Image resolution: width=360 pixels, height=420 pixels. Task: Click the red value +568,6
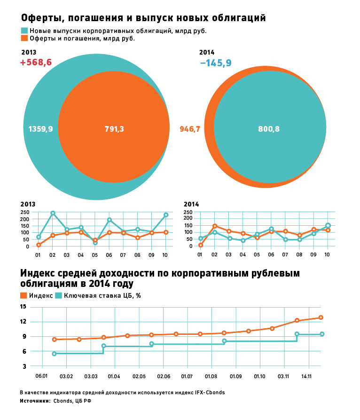tap(36, 63)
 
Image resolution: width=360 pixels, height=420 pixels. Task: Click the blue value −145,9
tap(215, 63)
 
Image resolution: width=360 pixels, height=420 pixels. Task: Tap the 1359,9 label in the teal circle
tap(40, 129)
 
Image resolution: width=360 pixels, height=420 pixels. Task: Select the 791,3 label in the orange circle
tap(114, 129)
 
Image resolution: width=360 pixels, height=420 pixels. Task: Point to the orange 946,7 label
tap(190, 129)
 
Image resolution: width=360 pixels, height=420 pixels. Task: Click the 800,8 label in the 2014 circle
tap(269, 129)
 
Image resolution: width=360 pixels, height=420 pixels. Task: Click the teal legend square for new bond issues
tap(24, 31)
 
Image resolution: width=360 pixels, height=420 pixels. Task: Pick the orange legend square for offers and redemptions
tap(24, 39)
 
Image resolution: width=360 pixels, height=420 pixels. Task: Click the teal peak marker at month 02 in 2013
tap(53, 213)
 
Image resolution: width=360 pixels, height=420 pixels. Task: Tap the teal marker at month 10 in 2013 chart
tap(166, 215)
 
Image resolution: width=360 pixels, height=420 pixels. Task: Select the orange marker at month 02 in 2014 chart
tap(214, 226)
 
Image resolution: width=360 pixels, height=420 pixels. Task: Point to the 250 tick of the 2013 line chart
tap(25, 212)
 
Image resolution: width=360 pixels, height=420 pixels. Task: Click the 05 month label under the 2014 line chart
tap(257, 254)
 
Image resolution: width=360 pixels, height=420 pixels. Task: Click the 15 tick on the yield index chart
tap(23, 307)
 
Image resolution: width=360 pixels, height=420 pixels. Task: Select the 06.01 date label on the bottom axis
tap(42, 376)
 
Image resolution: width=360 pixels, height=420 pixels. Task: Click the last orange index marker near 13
tap(321, 317)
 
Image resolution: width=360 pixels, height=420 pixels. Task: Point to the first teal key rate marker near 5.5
tap(54, 354)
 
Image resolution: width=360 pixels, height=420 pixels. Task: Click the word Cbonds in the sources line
tap(63, 401)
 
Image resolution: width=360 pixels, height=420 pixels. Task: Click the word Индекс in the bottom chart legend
tap(41, 296)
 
